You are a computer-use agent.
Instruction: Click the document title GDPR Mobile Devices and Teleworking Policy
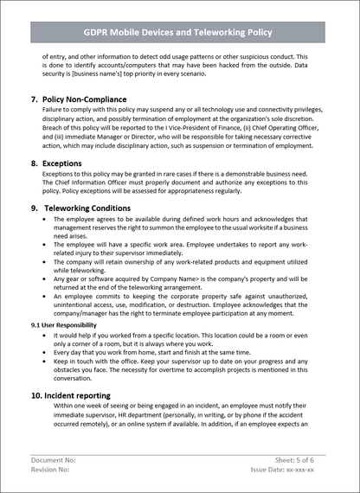click(180, 32)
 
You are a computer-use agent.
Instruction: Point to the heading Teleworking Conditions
click(87, 208)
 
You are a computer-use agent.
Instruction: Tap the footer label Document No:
click(54, 461)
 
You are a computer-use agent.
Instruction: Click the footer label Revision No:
click(53, 471)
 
